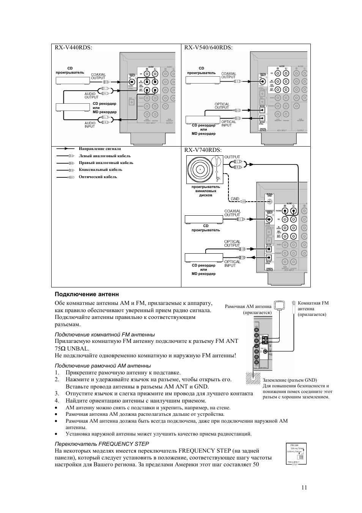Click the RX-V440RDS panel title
73,47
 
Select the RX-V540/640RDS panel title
208,47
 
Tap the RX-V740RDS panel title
203,150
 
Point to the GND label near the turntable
235,199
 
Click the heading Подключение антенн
87,294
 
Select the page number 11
304,488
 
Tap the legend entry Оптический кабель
98,177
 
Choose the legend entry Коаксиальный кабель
100,170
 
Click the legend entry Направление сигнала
100,149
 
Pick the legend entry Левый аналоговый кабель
104,156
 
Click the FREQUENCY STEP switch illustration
296,453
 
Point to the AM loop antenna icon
280,305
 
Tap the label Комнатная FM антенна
313,308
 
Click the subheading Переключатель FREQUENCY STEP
102,444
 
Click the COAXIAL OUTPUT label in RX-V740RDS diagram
232,213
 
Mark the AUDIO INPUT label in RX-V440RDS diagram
90,125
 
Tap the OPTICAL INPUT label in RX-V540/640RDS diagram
229,123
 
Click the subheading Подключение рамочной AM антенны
103,366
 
